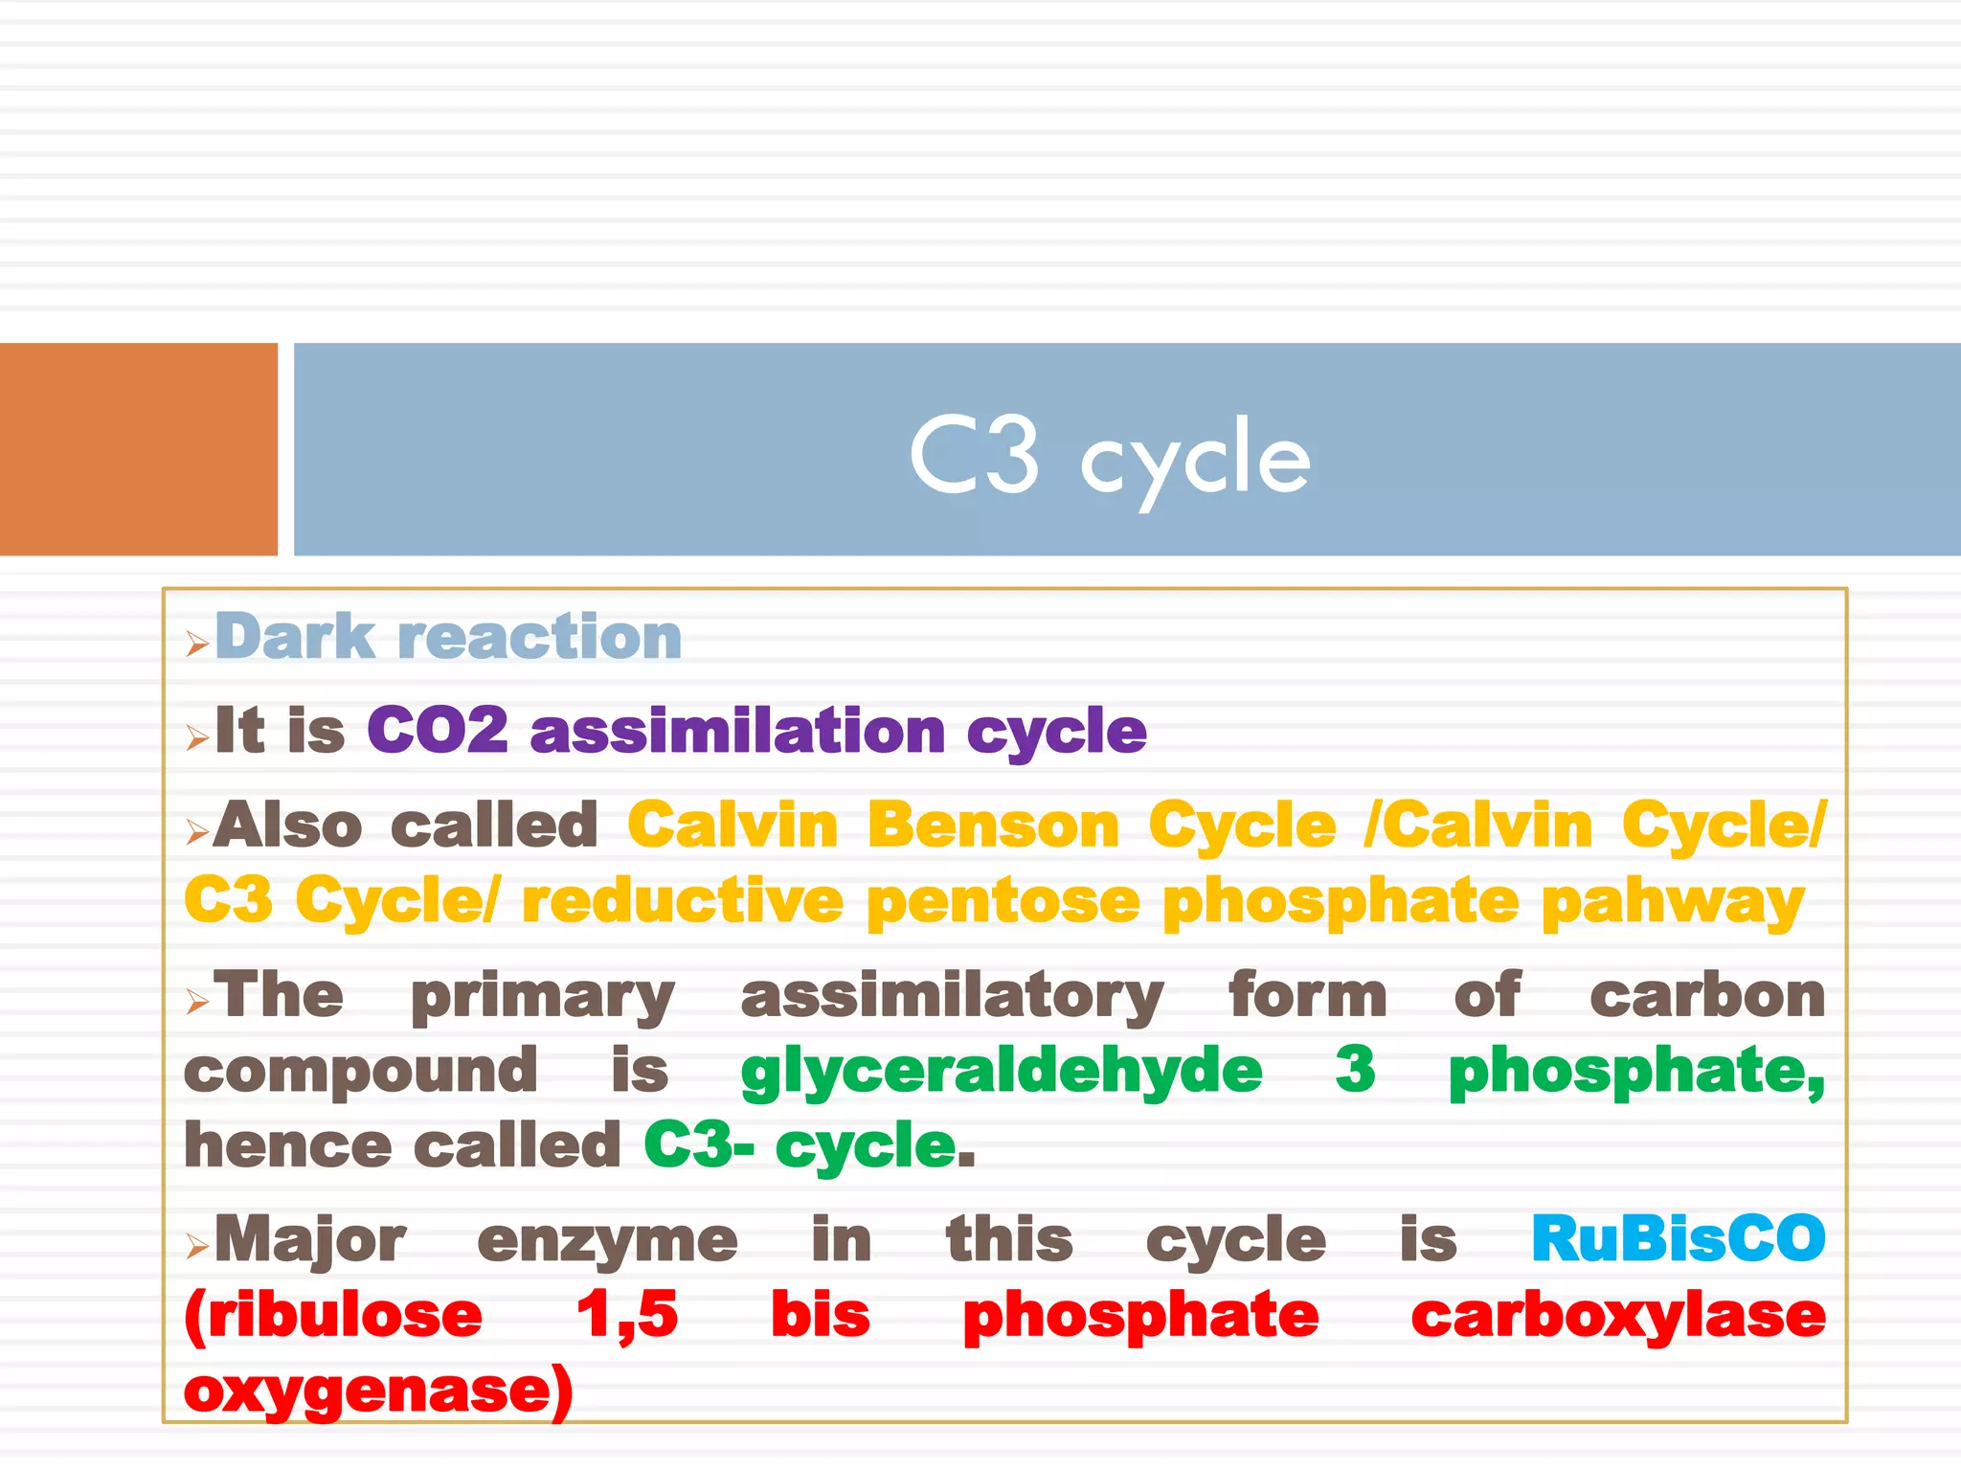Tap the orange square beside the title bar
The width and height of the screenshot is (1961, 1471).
coord(138,449)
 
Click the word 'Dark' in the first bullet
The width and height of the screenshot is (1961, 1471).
coord(295,637)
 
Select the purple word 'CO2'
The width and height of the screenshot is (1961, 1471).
coord(438,731)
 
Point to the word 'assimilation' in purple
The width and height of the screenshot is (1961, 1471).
coord(737,731)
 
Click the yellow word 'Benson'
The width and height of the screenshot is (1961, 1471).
coord(993,826)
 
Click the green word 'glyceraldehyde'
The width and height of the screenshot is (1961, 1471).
coord(1002,1071)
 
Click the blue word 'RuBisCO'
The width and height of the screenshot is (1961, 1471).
coord(1679,1239)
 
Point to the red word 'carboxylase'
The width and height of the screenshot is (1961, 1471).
coord(1618,1315)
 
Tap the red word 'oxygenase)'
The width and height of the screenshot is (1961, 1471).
coord(379,1391)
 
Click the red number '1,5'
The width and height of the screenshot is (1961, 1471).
coord(627,1315)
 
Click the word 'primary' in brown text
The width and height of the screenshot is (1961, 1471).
coord(543,997)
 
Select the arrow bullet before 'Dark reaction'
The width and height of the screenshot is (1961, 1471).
coord(197,644)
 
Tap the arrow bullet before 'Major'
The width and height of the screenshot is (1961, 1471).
coord(197,1246)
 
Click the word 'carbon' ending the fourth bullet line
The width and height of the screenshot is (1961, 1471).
coord(1707,996)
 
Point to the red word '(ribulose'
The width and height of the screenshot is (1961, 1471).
coord(333,1315)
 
